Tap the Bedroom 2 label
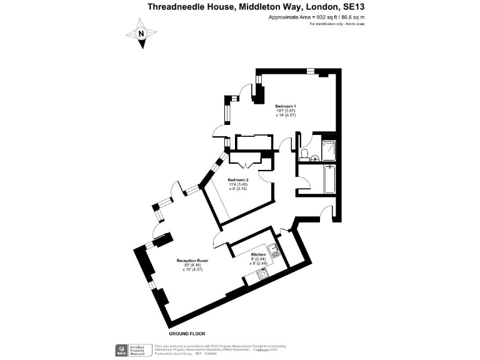click(x=238, y=180)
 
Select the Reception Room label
click(x=192, y=260)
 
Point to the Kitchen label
click(x=259, y=256)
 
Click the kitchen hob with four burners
click(x=260, y=273)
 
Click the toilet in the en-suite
click(x=304, y=153)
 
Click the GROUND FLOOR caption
click(x=187, y=334)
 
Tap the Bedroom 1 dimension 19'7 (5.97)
click(x=284, y=111)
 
